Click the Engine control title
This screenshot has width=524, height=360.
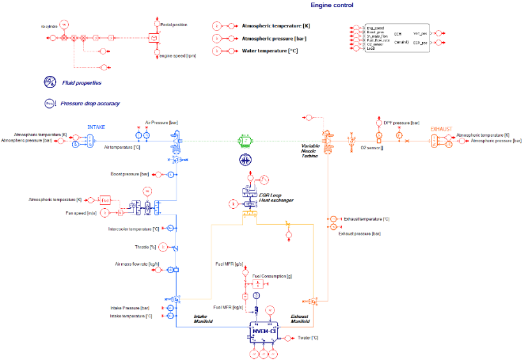point(332,5)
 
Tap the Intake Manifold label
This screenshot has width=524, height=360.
point(205,318)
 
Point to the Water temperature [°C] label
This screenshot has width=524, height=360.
point(267,50)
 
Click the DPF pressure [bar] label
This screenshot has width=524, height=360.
point(397,122)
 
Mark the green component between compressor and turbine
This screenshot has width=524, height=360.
point(243,140)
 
